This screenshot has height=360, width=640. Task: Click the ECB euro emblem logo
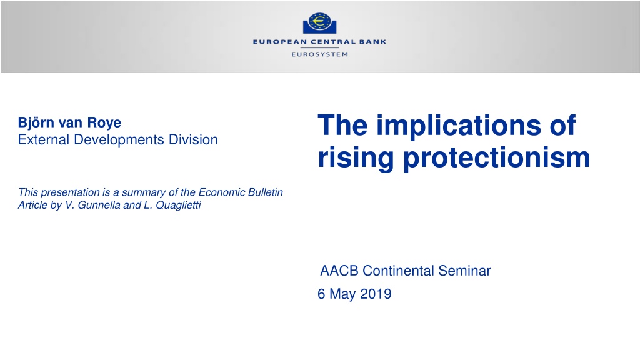(x=319, y=23)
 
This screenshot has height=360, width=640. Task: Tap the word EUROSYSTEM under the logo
(x=319, y=54)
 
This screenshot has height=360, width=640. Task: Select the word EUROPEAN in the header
(x=280, y=42)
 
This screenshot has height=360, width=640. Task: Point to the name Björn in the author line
(x=36, y=122)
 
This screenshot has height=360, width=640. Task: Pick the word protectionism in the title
(x=497, y=158)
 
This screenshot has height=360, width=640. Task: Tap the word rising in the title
(x=356, y=158)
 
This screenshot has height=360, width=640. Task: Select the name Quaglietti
(x=178, y=205)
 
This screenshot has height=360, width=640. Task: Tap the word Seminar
(x=464, y=271)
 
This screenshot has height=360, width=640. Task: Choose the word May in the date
(x=342, y=294)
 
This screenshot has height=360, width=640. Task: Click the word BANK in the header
(x=372, y=42)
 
